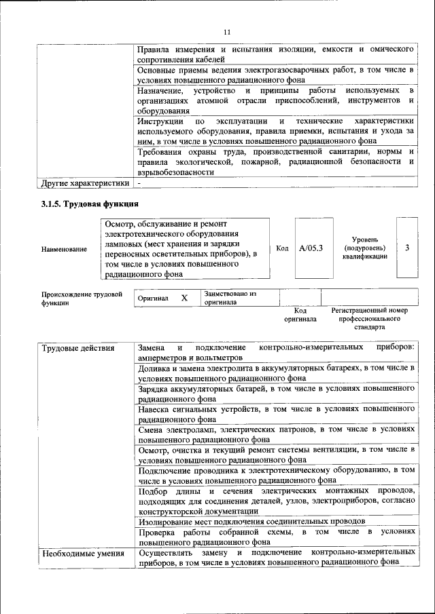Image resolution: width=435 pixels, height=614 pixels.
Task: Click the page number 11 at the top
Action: [x=227, y=31]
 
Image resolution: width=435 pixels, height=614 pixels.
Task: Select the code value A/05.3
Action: [x=311, y=248]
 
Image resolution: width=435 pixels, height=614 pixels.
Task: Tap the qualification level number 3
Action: [x=406, y=248]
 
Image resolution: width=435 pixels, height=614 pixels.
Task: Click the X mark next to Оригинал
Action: [x=184, y=298]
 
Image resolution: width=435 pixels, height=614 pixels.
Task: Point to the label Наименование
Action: [x=64, y=249]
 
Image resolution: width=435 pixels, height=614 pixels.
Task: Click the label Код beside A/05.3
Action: [x=282, y=248]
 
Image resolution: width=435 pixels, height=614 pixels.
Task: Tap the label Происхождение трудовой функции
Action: [x=82, y=299]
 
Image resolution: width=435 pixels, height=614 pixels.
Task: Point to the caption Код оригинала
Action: [x=300, y=314]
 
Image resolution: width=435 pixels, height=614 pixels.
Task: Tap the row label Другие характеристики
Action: [x=84, y=183]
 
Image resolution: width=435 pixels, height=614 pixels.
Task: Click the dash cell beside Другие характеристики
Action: [x=139, y=183]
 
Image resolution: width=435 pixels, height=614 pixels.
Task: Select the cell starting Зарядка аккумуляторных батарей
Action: [x=275, y=394]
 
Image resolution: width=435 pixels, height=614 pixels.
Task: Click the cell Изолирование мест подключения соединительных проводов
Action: [x=251, y=520]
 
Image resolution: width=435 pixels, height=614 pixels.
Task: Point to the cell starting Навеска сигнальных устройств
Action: [x=275, y=414]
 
